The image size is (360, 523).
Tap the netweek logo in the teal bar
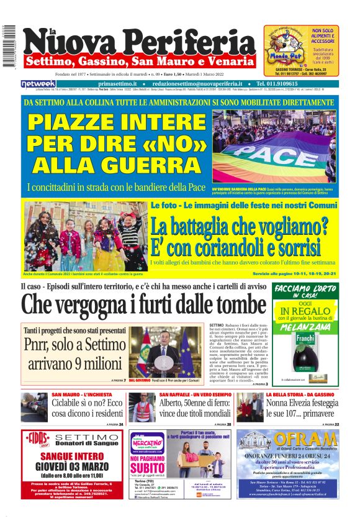pyautogui.click(x=38, y=84)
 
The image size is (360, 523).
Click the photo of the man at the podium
pyautogui.click(x=163, y=351)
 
